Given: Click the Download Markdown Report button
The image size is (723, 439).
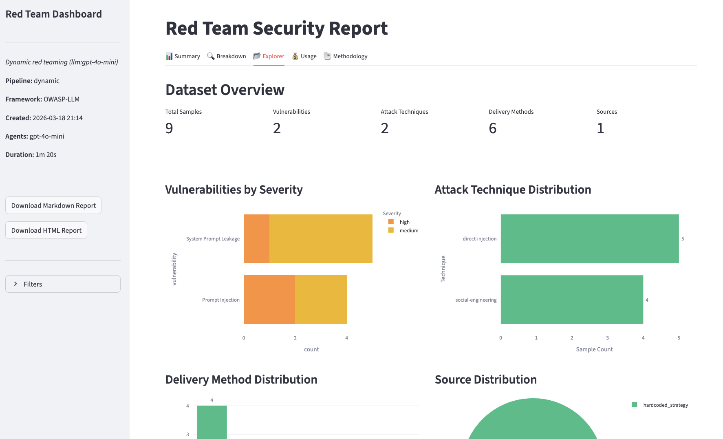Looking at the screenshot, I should point(53,205).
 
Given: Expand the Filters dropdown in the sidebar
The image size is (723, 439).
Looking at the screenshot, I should point(63,284).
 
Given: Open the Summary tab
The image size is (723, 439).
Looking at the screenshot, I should point(183,56).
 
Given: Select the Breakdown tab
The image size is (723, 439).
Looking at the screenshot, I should point(227,56).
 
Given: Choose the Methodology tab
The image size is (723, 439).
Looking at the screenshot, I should point(346,56).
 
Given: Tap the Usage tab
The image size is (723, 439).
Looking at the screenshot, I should point(304,56).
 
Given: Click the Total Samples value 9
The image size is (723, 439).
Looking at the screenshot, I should point(169,128).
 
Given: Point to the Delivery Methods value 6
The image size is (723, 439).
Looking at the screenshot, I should point(492,128).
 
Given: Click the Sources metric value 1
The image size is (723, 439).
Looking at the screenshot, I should point(600,128).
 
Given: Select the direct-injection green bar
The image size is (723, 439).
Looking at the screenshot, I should point(589,238).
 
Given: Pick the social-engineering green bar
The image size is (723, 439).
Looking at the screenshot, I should point(571,300).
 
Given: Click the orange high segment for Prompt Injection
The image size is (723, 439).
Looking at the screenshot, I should point(269,300).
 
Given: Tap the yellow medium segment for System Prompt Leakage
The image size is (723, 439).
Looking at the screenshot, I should point(321,238).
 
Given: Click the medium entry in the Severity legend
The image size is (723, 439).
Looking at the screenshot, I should point(408,231).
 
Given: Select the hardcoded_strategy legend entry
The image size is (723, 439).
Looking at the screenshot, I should point(665,405).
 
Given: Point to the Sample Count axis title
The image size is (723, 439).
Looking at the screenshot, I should point(594,349).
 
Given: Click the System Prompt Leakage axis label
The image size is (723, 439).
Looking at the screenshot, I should point(213,239).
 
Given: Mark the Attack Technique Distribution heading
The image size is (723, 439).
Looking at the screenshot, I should point(513,190).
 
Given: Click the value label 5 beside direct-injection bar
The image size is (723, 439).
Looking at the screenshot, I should point(683,239).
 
